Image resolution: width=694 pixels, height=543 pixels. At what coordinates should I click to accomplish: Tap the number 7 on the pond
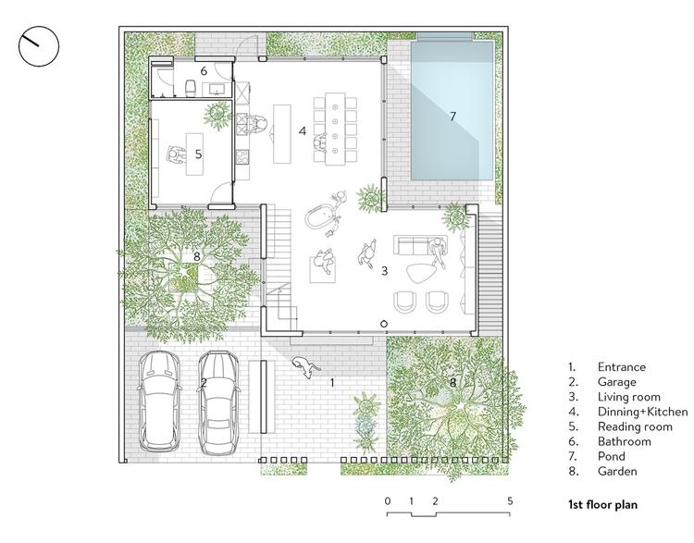452,117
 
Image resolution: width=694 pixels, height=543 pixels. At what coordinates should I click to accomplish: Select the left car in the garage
159,401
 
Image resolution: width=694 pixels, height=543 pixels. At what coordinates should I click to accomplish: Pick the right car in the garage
219,402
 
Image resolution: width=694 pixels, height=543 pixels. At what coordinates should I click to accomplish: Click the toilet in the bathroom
191,87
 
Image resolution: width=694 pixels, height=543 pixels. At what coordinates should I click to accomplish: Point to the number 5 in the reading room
198,154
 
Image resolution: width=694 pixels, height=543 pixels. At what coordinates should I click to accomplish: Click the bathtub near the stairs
318,216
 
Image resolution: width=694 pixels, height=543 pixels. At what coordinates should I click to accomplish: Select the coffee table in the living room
420,274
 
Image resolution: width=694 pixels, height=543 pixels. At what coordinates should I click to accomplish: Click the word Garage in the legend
616,382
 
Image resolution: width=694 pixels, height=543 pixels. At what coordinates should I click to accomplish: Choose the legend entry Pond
612,456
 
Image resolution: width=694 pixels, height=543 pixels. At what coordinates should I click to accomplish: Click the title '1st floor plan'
602,504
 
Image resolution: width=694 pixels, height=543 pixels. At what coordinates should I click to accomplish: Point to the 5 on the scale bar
510,501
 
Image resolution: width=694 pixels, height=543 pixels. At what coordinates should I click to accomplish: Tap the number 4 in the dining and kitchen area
303,131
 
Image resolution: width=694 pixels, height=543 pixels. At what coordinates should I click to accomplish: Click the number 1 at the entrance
332,383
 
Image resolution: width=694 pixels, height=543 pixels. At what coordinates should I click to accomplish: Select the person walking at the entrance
306,367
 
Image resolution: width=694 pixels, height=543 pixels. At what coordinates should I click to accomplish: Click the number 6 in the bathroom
204,71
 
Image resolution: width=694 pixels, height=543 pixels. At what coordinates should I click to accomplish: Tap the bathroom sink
217,90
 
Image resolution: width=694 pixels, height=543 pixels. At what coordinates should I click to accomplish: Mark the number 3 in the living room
384,270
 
